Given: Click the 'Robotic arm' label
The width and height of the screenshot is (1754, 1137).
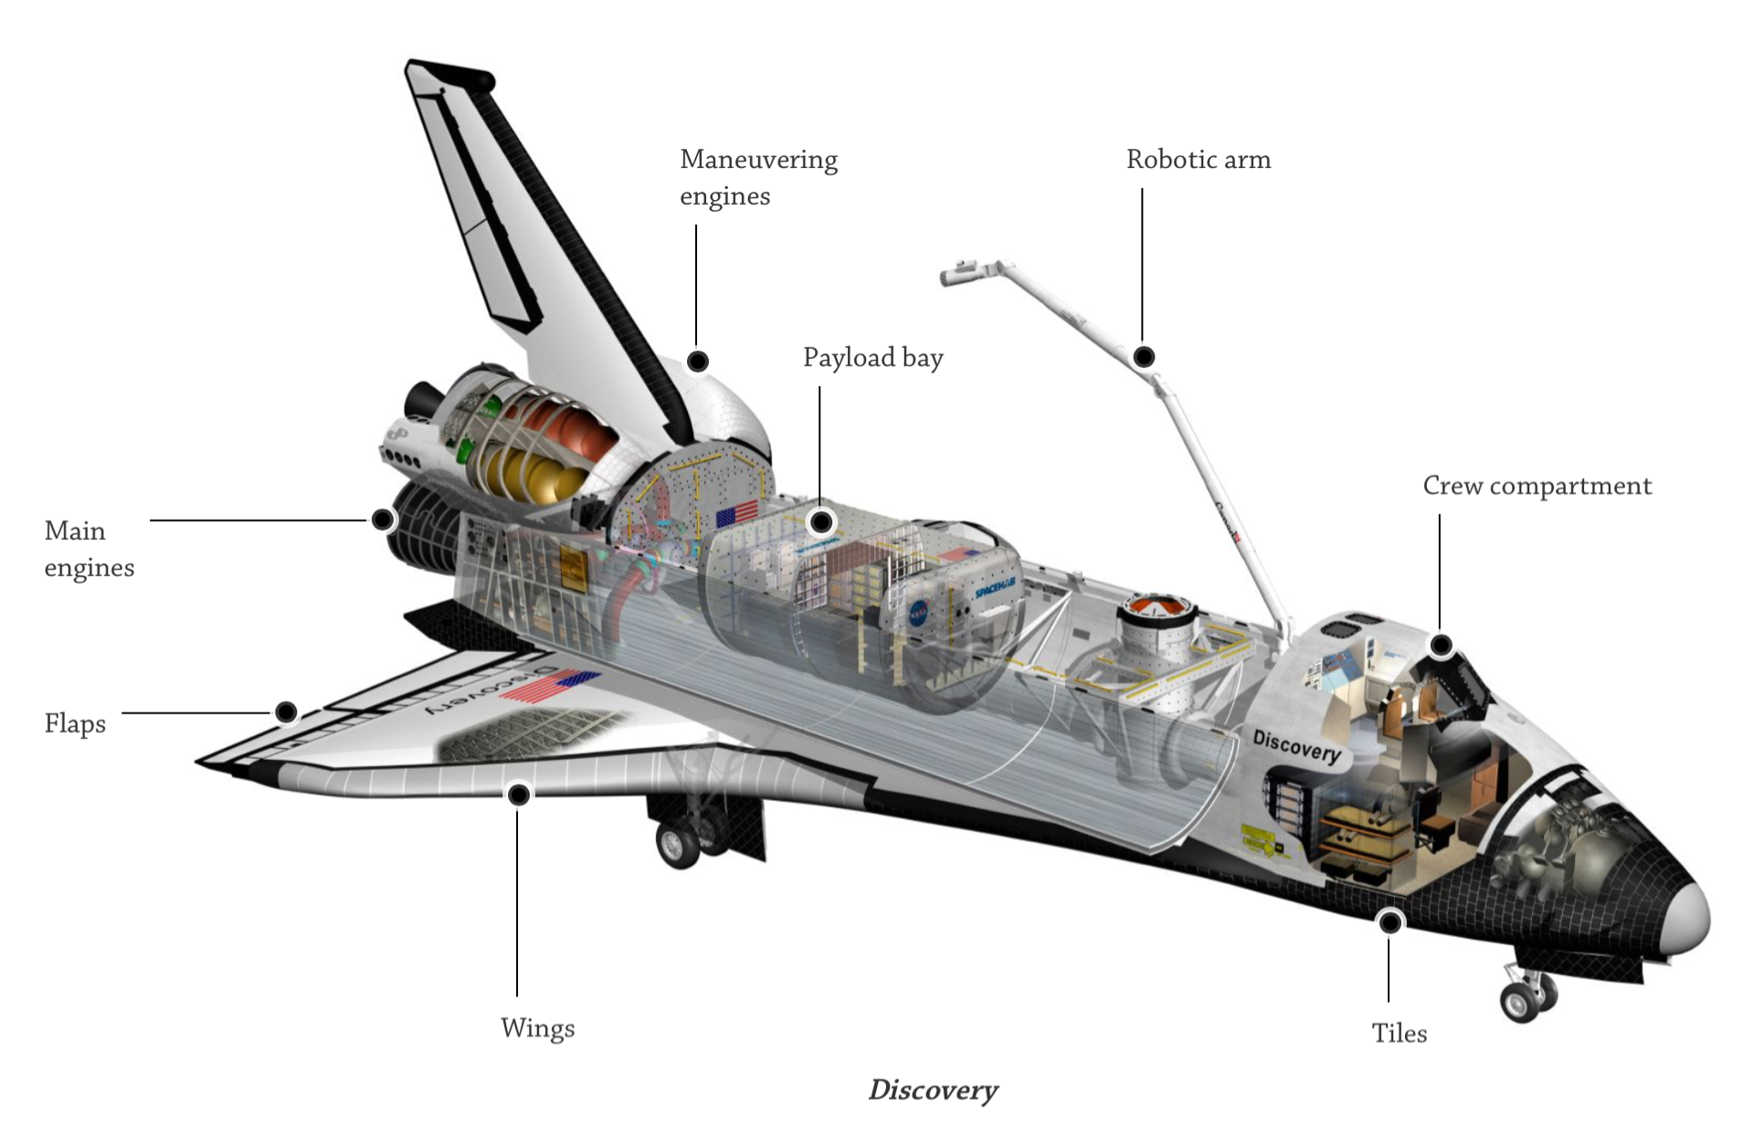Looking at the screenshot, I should pyautogui.click(x=1198, y=160).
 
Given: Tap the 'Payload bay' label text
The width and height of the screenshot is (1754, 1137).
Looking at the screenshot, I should pyautogui.click(x=872, y=358).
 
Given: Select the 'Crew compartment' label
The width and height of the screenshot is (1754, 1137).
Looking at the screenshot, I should pyautogui.click(x=1537, y=486).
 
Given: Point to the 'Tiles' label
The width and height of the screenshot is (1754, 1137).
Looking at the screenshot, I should pyautogui.click(x=1399, y=1033).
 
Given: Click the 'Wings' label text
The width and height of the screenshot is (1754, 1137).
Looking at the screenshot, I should pyautogui.click(x=537, y=1028).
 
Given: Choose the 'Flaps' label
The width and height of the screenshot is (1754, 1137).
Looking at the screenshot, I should pyautogui.click(x=75, y=724).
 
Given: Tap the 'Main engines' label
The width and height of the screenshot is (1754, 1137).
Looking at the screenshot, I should pyautogui.click(x=89, y=549).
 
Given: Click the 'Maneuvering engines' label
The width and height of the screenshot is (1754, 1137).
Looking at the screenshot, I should pyautogui.click(x=757, y=178).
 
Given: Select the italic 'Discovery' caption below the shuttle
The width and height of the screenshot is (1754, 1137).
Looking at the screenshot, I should pyautogui.click(x=933, y=1090).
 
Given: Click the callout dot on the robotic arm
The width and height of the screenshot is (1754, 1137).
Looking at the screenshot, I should pyautogui.click(x=1143, y=356).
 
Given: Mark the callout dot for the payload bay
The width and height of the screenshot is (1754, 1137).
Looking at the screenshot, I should pyautogui.click(x=821, y=521).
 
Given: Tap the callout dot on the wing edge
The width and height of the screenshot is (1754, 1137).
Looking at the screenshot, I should pyautogui.click(x=518, y=795).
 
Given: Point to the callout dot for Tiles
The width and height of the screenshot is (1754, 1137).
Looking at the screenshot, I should pyautogui.click(x=1389, y=922).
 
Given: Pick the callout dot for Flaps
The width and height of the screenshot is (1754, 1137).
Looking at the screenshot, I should pyautogui.click(x=286, y=711).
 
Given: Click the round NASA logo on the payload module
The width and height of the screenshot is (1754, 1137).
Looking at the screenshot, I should pyautogui.click(x=919, y=614).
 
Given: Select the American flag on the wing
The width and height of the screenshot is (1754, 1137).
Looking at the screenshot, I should pyautogui.click(x=550, y=685).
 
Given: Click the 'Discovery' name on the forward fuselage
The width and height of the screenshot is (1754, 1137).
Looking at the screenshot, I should pyautogui.click(x=1296, y=746).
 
